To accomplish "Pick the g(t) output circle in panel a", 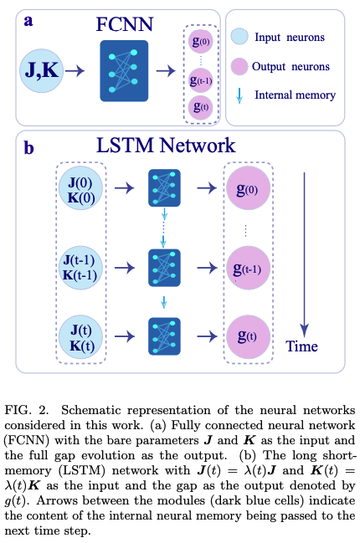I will [x=201, y=107].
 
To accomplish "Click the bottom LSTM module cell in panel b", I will [x=163, y=336].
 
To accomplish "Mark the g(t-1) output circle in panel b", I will [x=249, y=267].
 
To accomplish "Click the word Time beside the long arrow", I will [x=302, y=346].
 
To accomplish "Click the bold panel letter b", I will [x=29, y=149].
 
